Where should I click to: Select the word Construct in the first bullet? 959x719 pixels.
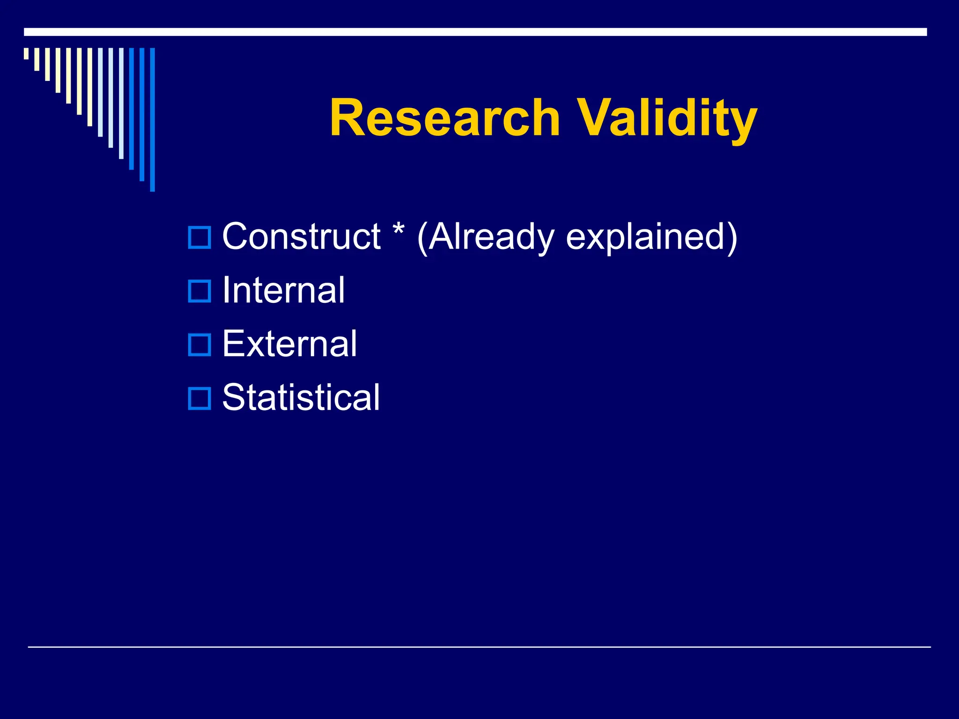(x=301, y=236)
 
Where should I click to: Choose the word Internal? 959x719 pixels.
(x=283, y=290)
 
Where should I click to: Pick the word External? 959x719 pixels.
(x=289, y=344)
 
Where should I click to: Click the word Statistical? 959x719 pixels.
(x=301, y=397)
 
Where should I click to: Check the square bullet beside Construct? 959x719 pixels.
(x=199, y=237)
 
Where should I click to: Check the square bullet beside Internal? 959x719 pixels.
(x=199, y=291)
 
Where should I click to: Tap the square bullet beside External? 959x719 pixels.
(x=199, y=345)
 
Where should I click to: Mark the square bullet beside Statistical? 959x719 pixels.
(x=199, y=398)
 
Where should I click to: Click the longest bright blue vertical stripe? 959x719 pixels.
(x=152, y=119)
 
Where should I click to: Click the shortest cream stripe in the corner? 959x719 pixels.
(x=26, y=53)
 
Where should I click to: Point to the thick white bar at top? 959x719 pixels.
(x=475, y=32)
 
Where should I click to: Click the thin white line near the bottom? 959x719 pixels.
(x=479, y=647)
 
